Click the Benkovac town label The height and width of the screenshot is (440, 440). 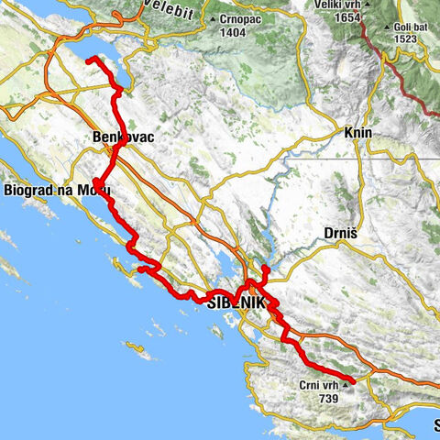point(121,137)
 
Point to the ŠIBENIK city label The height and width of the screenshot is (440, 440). point(236,302)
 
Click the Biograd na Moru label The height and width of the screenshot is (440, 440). point(58,190)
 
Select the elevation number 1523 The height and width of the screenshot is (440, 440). point(409,39)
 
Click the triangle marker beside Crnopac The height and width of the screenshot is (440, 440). point(214,18)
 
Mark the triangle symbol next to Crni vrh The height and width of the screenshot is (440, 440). point(345,387)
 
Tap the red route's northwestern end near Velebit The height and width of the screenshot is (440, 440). point(89,60)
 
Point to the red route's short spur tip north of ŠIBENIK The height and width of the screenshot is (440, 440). point(265,268)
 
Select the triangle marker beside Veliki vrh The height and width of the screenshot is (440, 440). point(367,5)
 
